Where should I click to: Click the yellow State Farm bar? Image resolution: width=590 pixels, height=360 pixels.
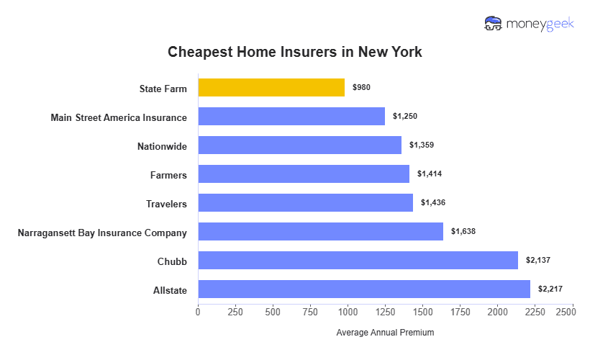[271, 88]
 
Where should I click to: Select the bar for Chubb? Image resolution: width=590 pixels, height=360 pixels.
[358, 260]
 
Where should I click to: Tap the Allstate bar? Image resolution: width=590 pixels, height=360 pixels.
[364, 289]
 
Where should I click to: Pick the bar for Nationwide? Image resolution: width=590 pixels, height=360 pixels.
[299, 145]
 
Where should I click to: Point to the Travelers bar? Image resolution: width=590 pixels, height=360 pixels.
[305, 203]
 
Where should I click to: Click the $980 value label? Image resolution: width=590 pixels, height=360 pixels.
[361, 88]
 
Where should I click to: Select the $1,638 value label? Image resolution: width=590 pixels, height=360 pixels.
[463, 232]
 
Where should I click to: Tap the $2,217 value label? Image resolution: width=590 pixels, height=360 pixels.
[550, 289]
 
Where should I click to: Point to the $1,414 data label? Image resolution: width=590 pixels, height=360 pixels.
[430, 174]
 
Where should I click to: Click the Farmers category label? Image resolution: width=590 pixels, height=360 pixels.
[168, 175]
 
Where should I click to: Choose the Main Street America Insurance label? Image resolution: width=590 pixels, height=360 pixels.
[119, 117]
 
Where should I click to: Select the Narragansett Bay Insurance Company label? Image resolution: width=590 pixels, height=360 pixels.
[102, 233]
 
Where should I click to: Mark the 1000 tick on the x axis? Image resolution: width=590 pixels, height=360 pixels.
[348, 312]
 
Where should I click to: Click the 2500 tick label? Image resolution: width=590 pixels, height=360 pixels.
[565, 312]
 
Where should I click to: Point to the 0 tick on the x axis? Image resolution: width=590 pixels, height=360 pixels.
[198, 312]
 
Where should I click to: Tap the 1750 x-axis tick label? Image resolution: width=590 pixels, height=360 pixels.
[460, 312]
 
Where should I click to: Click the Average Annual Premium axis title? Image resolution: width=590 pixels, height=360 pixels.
[385, 333]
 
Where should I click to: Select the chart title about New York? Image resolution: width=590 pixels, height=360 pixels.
[295, 52]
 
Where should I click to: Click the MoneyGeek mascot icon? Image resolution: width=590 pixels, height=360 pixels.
[494, 24]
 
